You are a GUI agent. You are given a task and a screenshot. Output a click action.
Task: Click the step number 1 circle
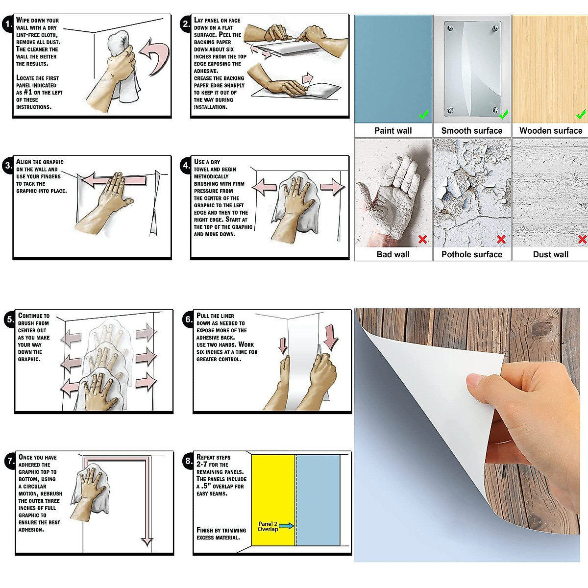[x=8, y=24]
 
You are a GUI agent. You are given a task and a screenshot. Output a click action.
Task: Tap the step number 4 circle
[x=186, y=166]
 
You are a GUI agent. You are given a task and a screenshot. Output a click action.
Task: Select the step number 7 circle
[x=11, y=460]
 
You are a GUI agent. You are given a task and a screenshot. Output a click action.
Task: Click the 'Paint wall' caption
[x=393, y=131]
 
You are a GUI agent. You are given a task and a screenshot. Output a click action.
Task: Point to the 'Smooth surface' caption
[x=472, y=131]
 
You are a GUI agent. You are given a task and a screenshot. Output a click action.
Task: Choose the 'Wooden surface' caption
[x=551, y=131]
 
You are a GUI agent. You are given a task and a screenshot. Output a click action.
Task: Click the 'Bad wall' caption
[x=393, y=254]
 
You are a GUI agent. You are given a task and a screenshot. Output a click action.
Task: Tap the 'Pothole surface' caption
[x=472, y=254]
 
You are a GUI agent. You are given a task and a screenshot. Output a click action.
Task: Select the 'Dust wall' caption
[x=551, y=254]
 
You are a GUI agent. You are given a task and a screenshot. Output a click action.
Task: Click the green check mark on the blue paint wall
[x=423, y=115]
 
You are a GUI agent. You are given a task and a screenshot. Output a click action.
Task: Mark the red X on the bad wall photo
[x=422, y=239]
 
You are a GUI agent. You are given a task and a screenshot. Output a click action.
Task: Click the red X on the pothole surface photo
[x=501, y=239]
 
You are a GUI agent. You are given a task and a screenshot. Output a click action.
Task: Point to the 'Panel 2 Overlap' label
[x=268, y=526]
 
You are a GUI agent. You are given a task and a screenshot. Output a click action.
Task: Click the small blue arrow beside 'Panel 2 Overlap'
[x=287, y=526]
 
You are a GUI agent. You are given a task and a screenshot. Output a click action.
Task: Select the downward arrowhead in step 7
[x=147, y=541]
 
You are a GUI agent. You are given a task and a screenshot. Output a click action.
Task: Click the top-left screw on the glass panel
[x=450, y=28]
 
